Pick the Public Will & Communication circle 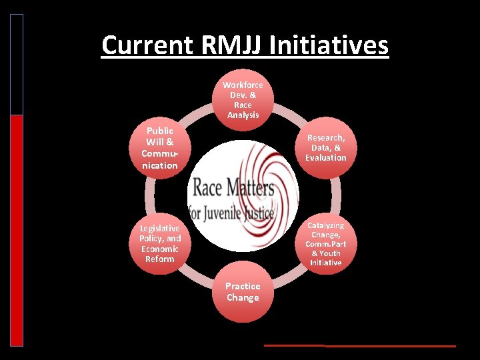click(160, 147)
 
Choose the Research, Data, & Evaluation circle click(326, 147)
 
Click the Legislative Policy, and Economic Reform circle click(160, 243)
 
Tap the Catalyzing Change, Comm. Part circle click(326, 244)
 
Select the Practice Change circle click(243, 292)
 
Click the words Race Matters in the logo click(231, 187)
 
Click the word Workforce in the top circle click(243, 85)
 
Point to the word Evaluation click(326, 158)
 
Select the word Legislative click(160, 229)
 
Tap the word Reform click(160, 259)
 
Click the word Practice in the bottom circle click(243, 287)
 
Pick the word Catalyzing click(326, 226)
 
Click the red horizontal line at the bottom click(360, 346)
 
